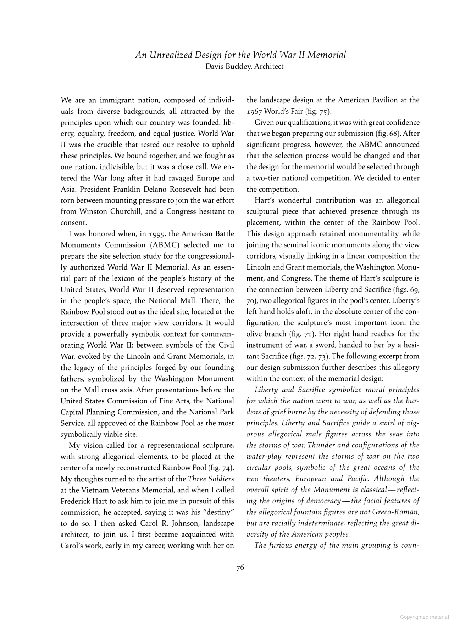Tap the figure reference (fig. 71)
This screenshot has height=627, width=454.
(304, 334)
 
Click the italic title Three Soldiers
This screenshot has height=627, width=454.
(211, 479)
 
